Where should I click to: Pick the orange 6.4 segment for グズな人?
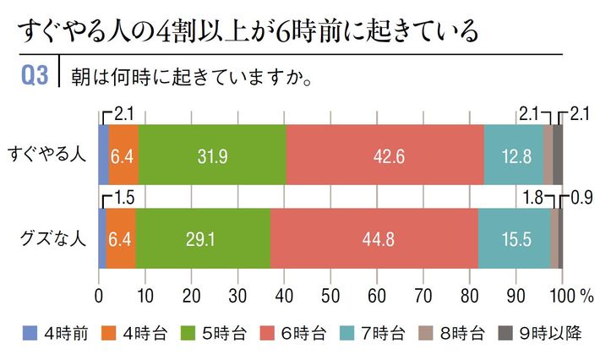tap(121, 239)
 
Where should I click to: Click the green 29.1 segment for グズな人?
tap(203, 239)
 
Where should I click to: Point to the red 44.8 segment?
tap(374, 239)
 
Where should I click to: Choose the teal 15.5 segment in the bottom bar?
tap(514, 239)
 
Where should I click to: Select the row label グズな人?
tap(47, 239)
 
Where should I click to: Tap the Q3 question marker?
tap(36, 74)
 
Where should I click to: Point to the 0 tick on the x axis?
tap(99, 295)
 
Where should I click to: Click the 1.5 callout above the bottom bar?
tap(124, 199)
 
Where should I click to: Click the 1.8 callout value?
tap(535, 199)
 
